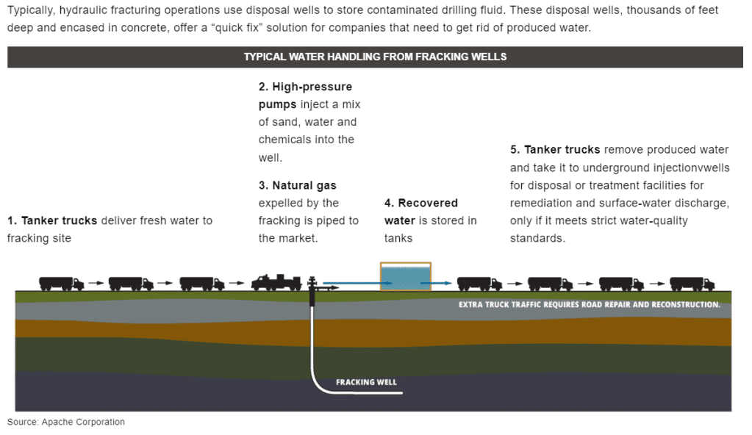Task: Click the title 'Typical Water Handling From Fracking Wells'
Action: coord(375,57)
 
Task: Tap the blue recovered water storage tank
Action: coord(405,277)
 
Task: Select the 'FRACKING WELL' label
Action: coord(366,382)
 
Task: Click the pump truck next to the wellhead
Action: coord(276,281)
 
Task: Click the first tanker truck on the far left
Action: coord(61,282)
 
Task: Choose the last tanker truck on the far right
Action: coord(692,283)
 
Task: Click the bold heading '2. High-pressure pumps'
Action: coord(305,96)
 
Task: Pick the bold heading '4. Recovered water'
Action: coord(421,212)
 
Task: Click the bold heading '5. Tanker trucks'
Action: coord(555,150)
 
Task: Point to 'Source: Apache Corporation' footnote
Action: coord(66,422)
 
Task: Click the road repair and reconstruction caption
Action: coord(589,304)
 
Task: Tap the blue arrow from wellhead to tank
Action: coord(350,281)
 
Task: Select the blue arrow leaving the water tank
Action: coord(441,281)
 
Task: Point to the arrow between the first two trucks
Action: coord(96,282)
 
